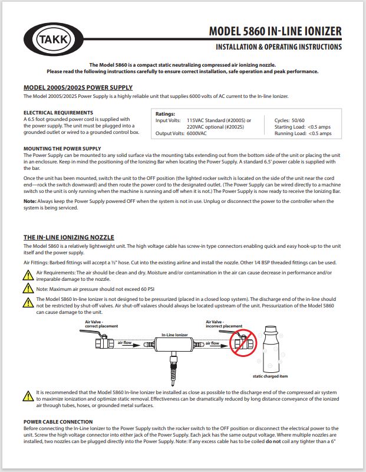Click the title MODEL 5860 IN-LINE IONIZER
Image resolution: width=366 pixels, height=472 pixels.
pyautogui.click(x=275, y=31)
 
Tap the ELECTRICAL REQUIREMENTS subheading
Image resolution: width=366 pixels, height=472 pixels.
pyautogui.click(x=58, y=112)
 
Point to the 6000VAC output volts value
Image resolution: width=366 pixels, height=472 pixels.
pyautogui.click(x=199, y=133)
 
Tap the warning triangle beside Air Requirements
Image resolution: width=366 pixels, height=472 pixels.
pyautogui.click(x=28, y=274)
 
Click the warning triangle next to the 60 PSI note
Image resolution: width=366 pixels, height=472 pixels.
pyautogui.click(x=28, y=289)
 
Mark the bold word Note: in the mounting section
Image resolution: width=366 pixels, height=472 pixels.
pyautogui.click(x=30, y=201)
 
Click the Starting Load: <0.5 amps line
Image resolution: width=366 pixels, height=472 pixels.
pyautogui.click(x=303, y=127)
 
